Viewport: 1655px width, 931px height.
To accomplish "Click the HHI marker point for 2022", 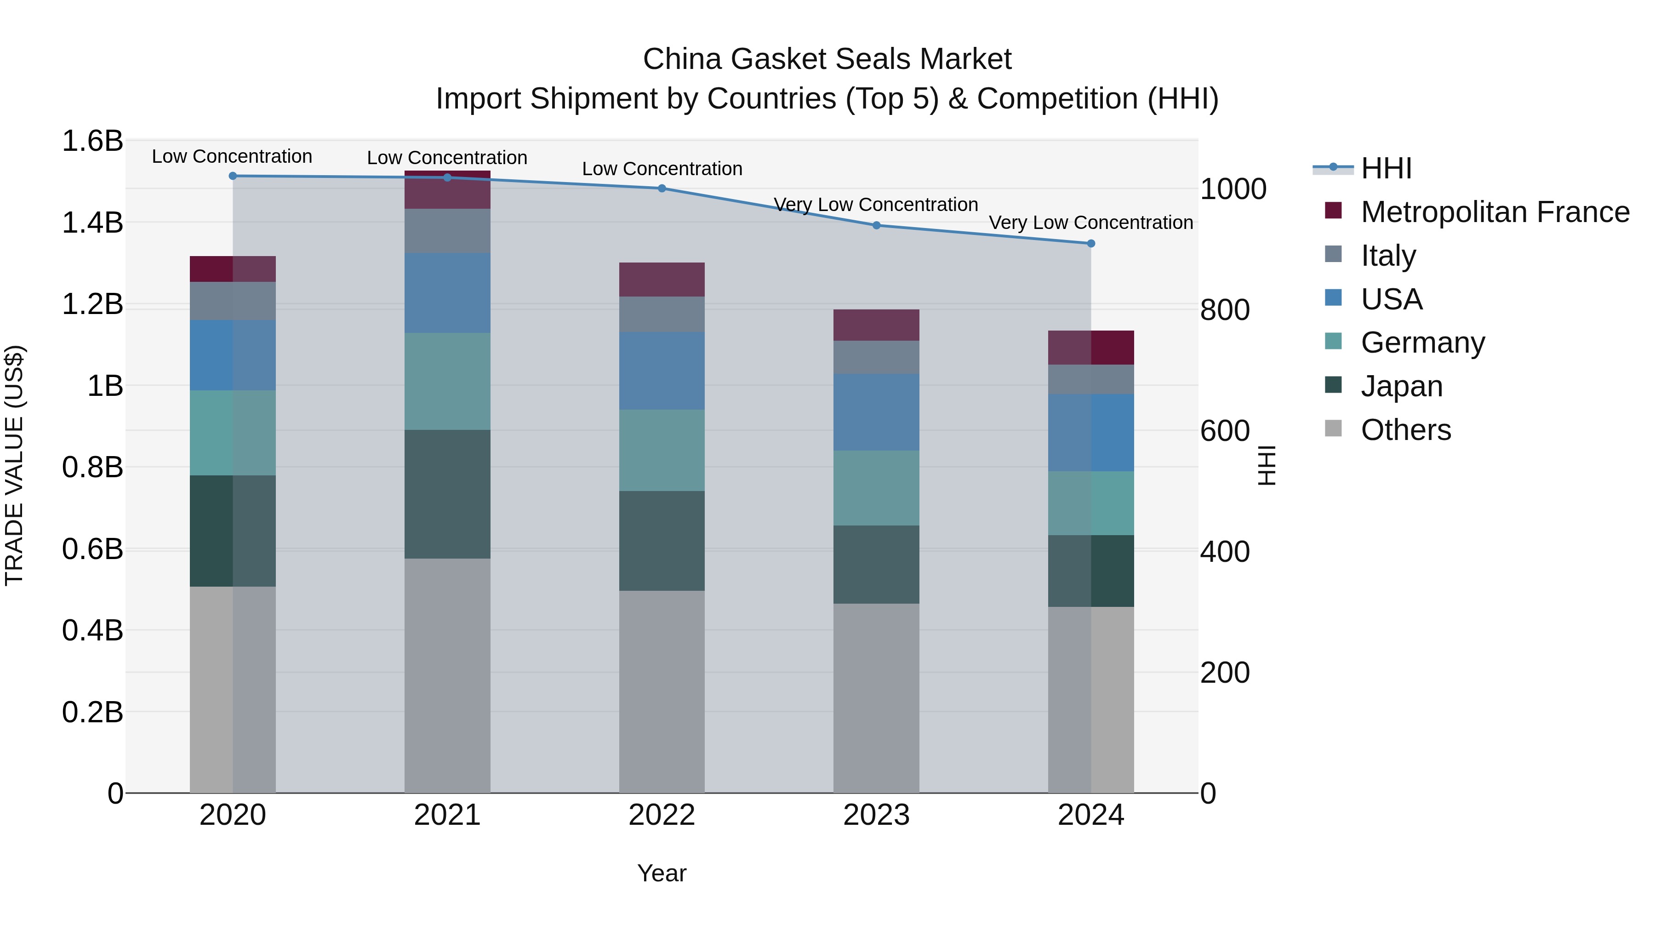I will tap(662, 188).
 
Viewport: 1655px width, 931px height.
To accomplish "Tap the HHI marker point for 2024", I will tap(1090, 244).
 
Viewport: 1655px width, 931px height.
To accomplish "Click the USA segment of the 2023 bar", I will tap(876, 412).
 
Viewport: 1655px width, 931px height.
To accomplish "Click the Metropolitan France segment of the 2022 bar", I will tap(662, 280).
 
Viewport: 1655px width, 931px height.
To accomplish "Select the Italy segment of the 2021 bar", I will tap(447, 231).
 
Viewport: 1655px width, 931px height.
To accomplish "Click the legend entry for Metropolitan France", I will tap(1495, 212).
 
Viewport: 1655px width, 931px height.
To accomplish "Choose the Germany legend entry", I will tap(1422, 343).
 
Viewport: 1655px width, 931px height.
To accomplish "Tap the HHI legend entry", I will tap(1386, 168).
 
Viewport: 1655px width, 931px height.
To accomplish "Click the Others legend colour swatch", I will tap(1333, 428).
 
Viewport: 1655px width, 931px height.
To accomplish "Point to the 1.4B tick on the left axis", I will tap(92, 223).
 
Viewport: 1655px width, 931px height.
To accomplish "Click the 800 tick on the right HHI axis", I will tap(1225, 310).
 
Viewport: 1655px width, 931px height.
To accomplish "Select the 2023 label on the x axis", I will tap(876, 815).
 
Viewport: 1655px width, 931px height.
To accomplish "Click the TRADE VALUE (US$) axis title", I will tap(14, 465).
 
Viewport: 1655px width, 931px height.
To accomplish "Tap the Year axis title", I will tap(662, 873).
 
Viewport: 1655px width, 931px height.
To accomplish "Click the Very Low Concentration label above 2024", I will tap(1090, 223).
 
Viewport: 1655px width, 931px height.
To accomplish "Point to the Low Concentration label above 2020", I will tap(232, 156).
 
